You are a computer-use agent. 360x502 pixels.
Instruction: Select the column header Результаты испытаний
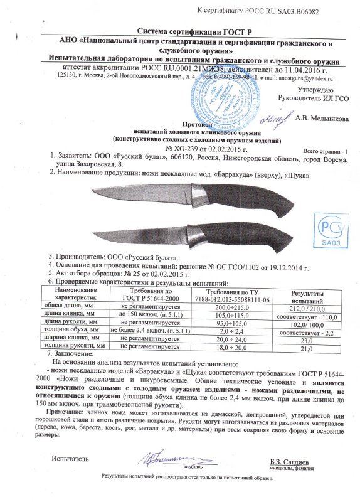coord(307,297)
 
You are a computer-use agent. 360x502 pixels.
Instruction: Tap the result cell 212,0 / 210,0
coord(307,308)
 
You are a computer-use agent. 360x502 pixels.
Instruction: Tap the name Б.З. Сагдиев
coord(290,462)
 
